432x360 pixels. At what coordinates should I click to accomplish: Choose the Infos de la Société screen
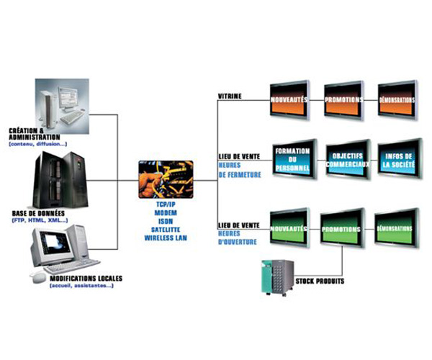point(398,157)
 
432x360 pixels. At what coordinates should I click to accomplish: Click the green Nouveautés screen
point(288,226)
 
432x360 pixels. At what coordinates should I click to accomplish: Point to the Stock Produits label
point(319,281)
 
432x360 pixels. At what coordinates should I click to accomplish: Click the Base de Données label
point(40,213)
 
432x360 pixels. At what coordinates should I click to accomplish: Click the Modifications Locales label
point(79,278)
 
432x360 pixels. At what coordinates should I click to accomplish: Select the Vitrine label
point(230,95)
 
